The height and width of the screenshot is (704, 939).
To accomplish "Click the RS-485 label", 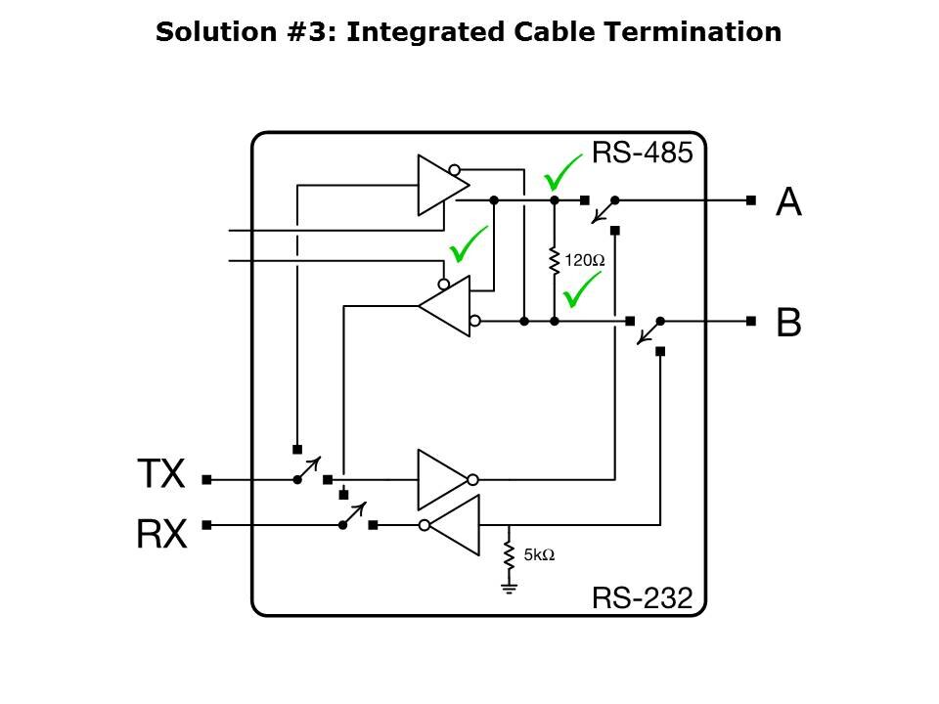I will click(x=643, y=153).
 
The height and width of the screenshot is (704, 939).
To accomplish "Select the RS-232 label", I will click(x=643, y=597).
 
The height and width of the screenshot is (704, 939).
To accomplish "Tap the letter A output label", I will click(x=788, y=201).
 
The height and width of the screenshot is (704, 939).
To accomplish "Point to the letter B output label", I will click(x=788, y=322).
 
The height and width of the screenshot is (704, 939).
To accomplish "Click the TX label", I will click(x=160, y=475).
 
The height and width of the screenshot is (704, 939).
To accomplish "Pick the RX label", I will click(x=160, y=535).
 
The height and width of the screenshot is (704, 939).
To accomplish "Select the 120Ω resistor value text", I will click(x=586, y=261).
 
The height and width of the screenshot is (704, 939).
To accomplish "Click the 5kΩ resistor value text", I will click(x=539, y=554).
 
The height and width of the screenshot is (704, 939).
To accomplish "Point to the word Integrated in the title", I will click(x=423, y=31).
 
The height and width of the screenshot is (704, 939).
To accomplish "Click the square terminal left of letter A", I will click(x=750, y=200).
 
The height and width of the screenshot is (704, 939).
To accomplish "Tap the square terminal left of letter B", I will click(x=750, y=321).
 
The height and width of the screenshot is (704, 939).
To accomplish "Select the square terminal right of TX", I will click(x=206, y=480).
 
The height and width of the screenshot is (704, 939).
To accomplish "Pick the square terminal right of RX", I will click(x=206, y=525).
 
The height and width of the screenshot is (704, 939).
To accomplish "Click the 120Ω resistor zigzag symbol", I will click(x=554, y=260).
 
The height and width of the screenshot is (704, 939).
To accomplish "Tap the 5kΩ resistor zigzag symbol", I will click(x=509, y=555).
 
